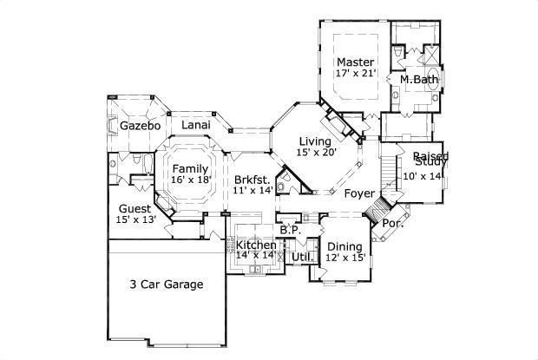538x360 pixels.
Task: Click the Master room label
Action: [355, 62]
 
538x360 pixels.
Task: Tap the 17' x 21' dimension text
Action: [355, 75]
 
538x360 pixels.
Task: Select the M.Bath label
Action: [418, 80]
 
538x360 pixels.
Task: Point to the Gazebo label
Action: [141, 126]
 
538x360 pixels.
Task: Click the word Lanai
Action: [195, 126]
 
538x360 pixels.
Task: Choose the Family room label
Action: [190, 168]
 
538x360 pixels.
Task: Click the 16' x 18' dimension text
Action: [190, 180]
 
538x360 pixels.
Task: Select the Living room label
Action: [315, 141]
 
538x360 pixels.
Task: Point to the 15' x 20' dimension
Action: [315, 154]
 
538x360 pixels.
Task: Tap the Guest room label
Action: [134, 209]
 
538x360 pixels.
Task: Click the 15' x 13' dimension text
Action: [134, 221]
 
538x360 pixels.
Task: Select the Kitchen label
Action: [257, 245]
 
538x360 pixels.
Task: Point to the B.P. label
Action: [289, 231]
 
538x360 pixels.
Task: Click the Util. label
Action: [302, 258]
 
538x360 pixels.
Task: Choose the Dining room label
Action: [344, 245]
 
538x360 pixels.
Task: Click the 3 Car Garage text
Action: [167, 285]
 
